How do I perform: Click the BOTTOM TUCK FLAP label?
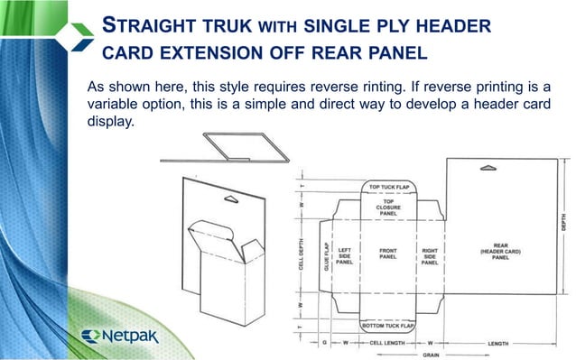387,324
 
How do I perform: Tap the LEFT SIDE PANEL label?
345,255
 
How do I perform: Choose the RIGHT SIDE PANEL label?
430,255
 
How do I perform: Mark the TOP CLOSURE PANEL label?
387,207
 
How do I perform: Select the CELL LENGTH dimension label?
389,344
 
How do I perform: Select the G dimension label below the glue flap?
324,344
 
